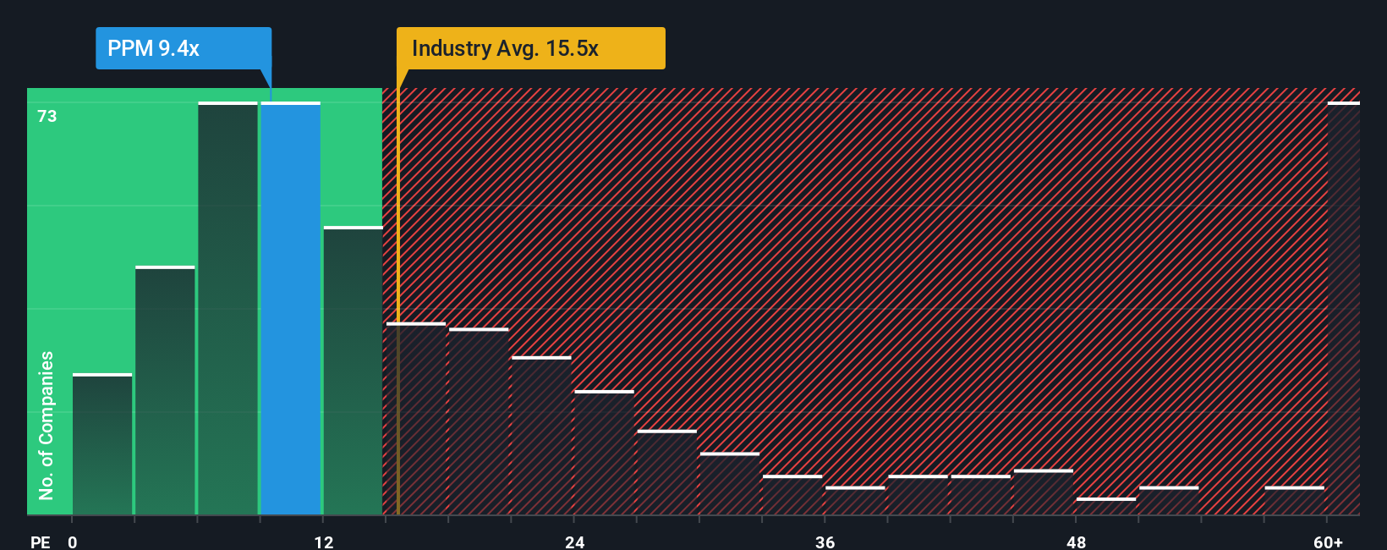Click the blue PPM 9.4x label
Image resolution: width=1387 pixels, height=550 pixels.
point(183,48)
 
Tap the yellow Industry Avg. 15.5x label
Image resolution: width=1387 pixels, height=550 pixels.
point(530,48)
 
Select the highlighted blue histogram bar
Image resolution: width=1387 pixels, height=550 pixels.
point(291,309)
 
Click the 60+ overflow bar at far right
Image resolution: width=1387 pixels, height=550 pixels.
point(1343,309)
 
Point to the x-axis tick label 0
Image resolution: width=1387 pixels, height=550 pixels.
point(73,542)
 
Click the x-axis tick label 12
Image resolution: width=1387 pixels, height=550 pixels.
point(324,542)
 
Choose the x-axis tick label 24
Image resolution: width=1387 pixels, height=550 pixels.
point(575,542)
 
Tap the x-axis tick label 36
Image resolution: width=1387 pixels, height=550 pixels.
point(825,542)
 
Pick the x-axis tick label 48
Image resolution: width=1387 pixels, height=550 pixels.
point(1076,542)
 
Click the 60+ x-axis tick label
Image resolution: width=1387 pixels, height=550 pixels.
point(1328,542)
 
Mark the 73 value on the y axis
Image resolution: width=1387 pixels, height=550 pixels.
point(47,116)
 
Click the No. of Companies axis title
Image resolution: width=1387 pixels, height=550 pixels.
point(47,425)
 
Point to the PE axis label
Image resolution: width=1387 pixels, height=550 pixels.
point(40,542)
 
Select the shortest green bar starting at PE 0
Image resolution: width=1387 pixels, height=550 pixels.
point(102,444)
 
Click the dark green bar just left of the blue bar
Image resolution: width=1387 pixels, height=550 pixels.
point(228,309)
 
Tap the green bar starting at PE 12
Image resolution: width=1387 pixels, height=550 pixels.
point(353,371)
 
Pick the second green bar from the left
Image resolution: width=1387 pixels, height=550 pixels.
point(165,391)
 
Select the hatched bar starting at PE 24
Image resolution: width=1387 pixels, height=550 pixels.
point(604,453)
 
